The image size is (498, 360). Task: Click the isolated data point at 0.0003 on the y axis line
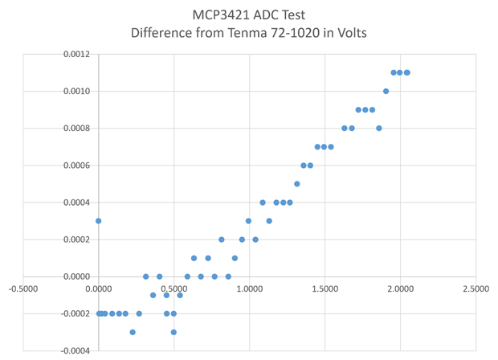click(98, 221)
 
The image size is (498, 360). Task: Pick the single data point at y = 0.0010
click(386, 92)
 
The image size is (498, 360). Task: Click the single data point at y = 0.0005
click(296, 184)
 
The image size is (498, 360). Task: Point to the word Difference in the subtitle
click(169, 34)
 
